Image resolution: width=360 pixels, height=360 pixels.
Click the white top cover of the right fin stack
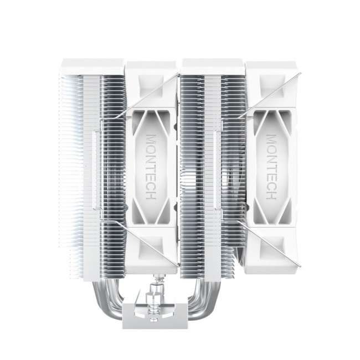[x=213, y=65]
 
